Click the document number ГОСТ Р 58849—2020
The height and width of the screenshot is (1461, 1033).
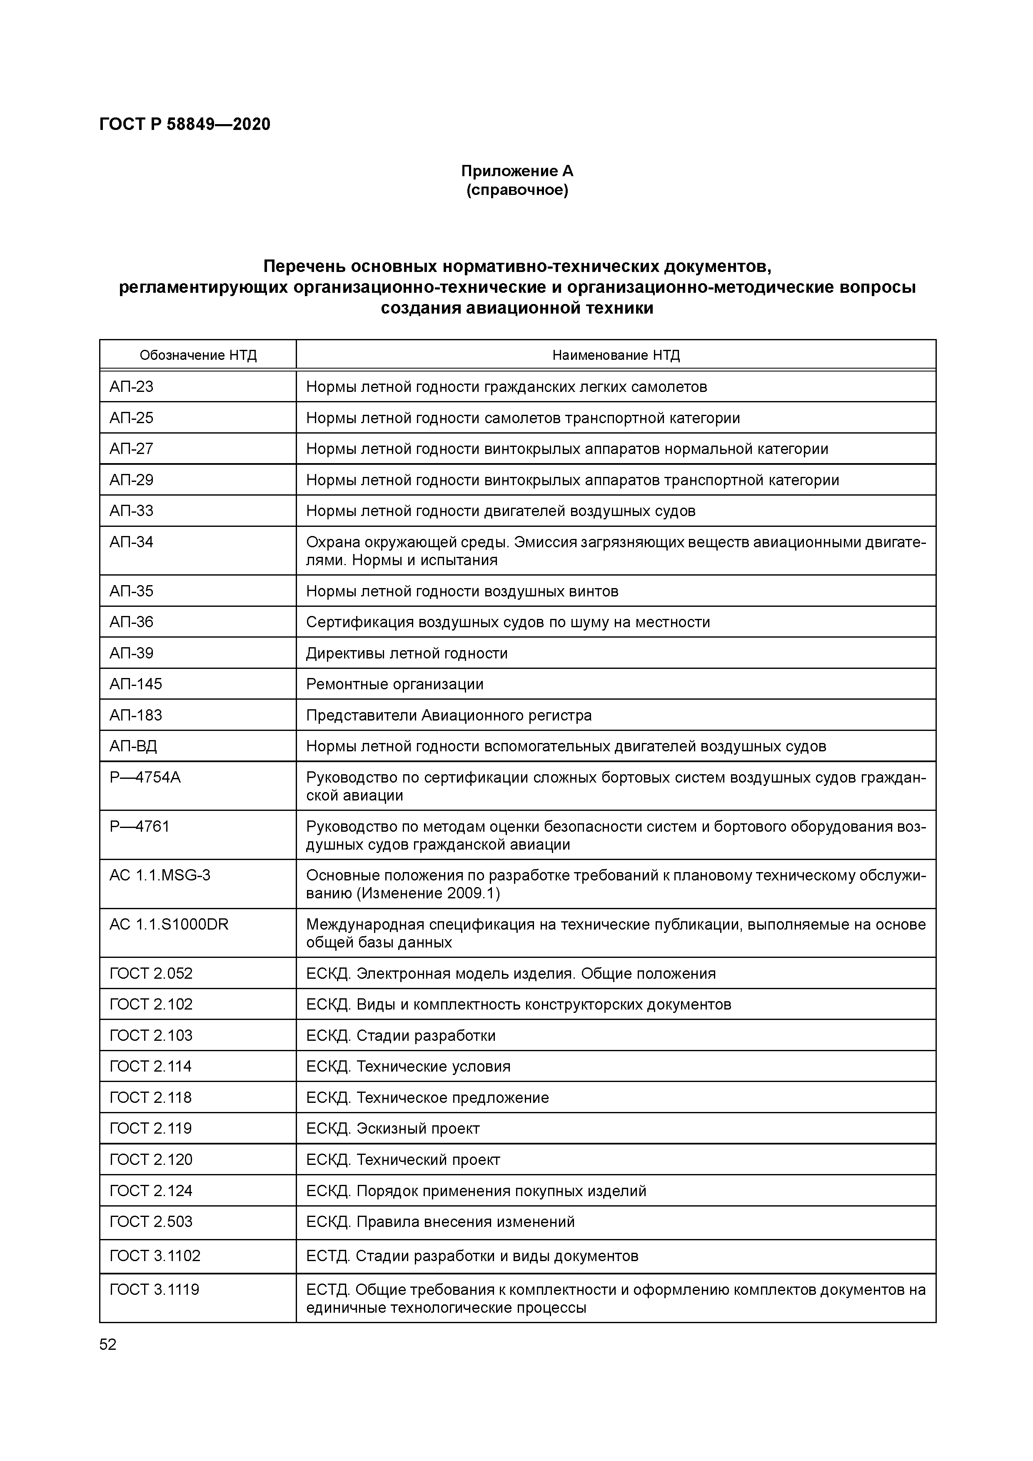click(x=185, y=124)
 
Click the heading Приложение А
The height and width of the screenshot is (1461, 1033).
click(x=517, y=171)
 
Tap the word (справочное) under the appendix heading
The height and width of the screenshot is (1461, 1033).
click(x=517, y=190)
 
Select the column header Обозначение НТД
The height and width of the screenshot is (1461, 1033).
click(x=198, y=355)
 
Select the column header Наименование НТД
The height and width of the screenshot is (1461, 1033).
click(x=616, y=355)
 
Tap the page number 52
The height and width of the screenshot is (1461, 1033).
click(x=108, y=1344)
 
